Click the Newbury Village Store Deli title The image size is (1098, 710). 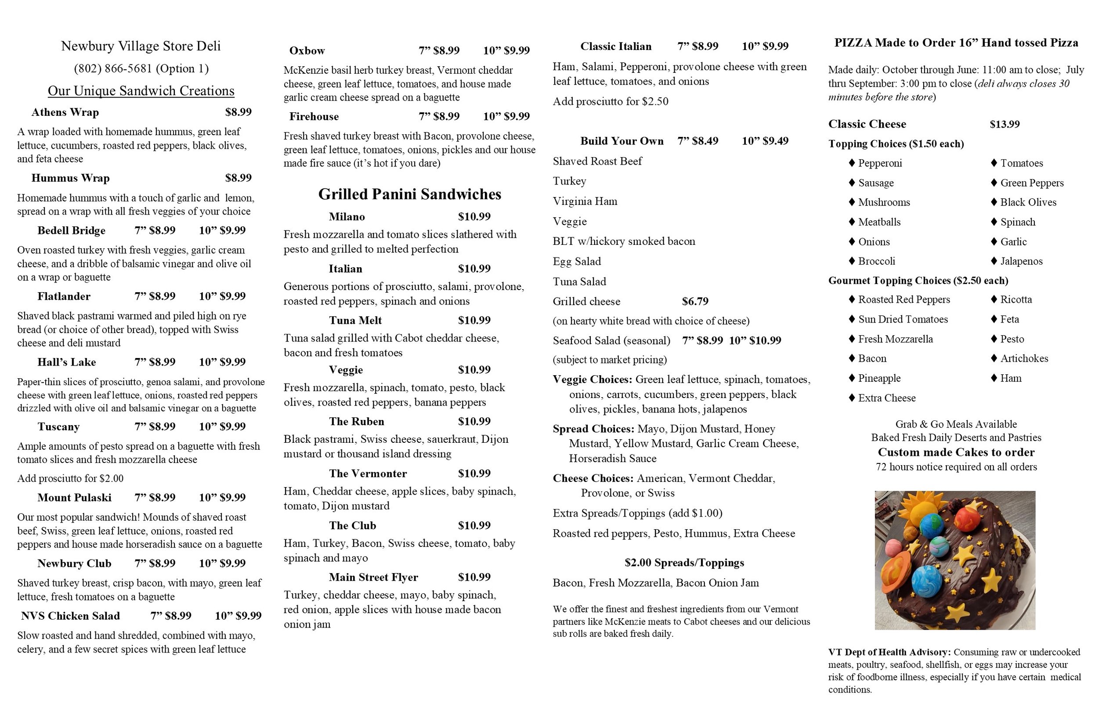[x=141, y=46]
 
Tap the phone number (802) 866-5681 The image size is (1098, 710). [x=141, y=69]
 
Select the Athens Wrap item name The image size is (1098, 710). [x=65, y=112]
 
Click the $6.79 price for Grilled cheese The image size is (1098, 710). [x=695, y=301]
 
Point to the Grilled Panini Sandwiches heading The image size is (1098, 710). [x=410, y=194]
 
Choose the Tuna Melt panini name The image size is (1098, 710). [x=355, y=320]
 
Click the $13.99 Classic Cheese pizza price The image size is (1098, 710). [x=1004, y=124]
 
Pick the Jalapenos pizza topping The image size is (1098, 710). [x=1021, y=262]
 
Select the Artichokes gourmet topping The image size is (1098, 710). [x=1024, y=359]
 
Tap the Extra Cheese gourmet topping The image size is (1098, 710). [x=886, y=398]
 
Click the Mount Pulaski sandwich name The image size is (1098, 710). [x=74, y=498]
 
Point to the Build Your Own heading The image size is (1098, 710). [x=621, y=141]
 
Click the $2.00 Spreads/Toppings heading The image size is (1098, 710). [x=684, y=563]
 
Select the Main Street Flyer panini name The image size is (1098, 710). [x=373, y=577]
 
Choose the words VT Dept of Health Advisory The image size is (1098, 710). [x=889, y=653]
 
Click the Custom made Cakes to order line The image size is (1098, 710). [x=956, y=452]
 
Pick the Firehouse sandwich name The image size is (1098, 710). [x=314, y=117]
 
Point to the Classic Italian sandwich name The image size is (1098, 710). [x=615, y=47]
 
